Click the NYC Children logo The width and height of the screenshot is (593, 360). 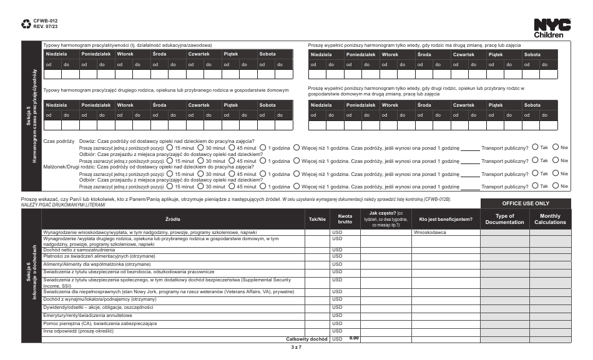[x=552, y=27]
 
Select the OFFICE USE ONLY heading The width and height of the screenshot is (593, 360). [x=526, y=203]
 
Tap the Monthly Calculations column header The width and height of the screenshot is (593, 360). [x=549, y=219]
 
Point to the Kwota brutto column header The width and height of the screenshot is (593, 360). [x=345, y=219]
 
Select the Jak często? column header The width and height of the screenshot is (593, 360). [x=385, y=219]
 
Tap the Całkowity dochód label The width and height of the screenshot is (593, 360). [x=307, y=339]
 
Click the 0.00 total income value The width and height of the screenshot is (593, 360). [x=354, y=338]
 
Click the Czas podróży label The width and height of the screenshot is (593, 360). [x=59, y=142]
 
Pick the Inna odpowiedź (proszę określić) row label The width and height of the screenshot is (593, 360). [x=82, y=331]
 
